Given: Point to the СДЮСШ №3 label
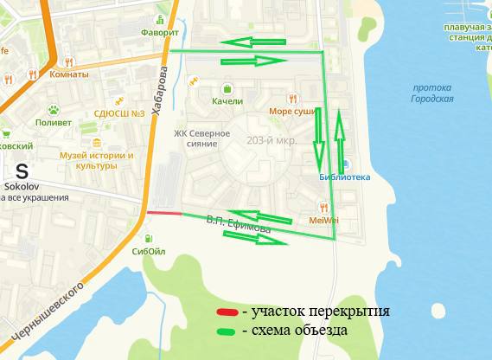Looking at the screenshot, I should pos(118,113).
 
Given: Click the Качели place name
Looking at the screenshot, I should pos(227,101).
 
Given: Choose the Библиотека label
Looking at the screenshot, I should pos(344,177).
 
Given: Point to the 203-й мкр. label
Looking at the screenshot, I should pos(272,140).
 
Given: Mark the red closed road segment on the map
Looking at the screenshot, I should pos(163,212).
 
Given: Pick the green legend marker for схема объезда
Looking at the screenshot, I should pos(227,331).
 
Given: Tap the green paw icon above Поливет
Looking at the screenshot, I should pos(54,110).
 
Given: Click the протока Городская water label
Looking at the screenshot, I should pos(433,93).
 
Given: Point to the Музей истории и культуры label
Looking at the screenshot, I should pos(97,160).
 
